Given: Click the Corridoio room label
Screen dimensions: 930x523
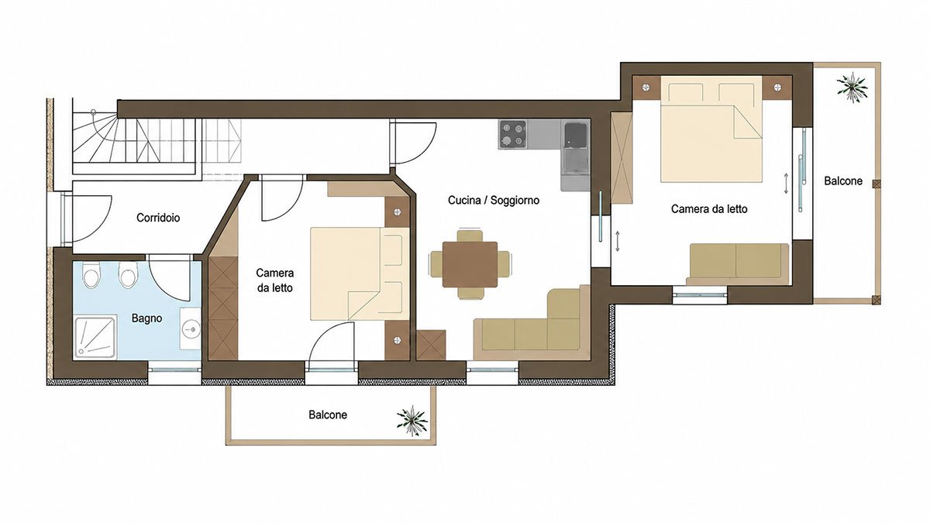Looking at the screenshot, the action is point(158,218).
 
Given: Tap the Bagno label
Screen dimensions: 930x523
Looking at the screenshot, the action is point(146,318).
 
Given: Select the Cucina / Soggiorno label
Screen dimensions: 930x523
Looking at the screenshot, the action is point(494,200).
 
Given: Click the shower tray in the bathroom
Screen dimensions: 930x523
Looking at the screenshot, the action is point(95,338).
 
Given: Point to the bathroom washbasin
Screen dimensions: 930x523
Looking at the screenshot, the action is point(191,329).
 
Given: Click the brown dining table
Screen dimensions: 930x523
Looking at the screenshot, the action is point(470,264).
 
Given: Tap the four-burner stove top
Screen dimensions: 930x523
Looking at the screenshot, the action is point(513,135).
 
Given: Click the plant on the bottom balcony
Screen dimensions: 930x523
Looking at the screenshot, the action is point(412,421).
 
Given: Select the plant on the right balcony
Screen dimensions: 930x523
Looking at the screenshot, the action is point(852,88).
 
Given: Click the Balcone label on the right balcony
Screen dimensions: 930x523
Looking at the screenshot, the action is point(843,181).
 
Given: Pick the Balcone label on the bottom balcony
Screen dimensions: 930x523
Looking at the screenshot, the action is point(328,415).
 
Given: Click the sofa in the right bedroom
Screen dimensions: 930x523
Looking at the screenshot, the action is point(737,264).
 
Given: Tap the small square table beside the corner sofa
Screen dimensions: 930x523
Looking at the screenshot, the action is point(431,345).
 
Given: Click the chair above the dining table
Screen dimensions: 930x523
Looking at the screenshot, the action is point(470,236).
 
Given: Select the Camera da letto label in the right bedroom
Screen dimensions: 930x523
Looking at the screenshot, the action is point(709,208).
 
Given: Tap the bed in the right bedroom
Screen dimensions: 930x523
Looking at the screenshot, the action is point(711,129).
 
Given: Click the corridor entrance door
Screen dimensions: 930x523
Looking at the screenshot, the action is point(86,218).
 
